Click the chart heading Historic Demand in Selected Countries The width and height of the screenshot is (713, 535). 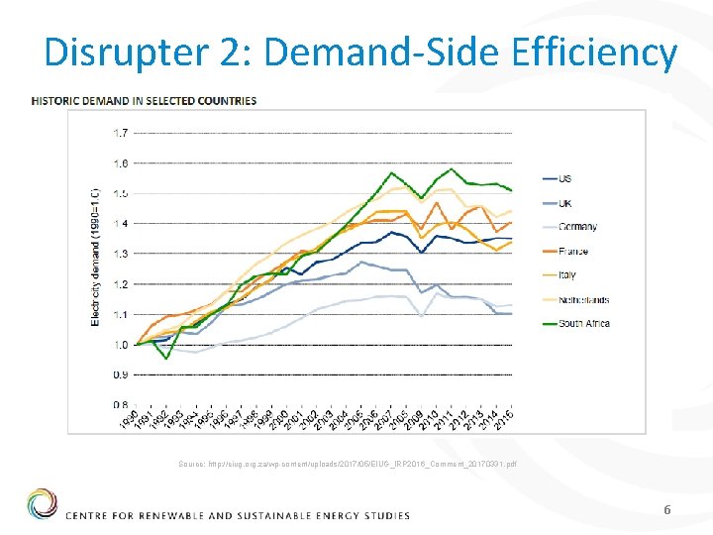pyautogui.click(x=145, y=100)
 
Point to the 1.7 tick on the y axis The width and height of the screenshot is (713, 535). pyautogui.click(x=120, y=133)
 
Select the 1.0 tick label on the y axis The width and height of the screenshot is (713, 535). pyautogui.click(x=120, y=345)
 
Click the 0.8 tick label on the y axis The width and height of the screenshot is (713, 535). pyautogui.click(x=120, y=405)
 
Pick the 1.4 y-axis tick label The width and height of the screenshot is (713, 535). pyautogui.click(x=120, y=224)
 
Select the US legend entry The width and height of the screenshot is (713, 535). pyautogui.click(x=564, y=178)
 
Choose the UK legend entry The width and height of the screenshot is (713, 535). pyautogui.click(x=564, y=203)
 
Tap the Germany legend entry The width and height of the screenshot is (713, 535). pyautogui.click(x=577, y=227)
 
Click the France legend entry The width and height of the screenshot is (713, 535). pyautogui.click(x=573, y=252)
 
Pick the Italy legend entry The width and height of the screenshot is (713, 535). pyautogui.click(x=567, y=275)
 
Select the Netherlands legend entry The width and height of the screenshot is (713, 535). pyautogui.click(x=583, y=299)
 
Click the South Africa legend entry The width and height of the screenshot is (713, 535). pyautogui.click(x=583, y=323)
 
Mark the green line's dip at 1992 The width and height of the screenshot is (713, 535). pyautogui.click(x=166, y=359)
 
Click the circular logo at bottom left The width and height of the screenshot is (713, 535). pyautogui.click(x=42, y=504)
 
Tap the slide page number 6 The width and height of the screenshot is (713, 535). pyautogui.click(x=667, y=509)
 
